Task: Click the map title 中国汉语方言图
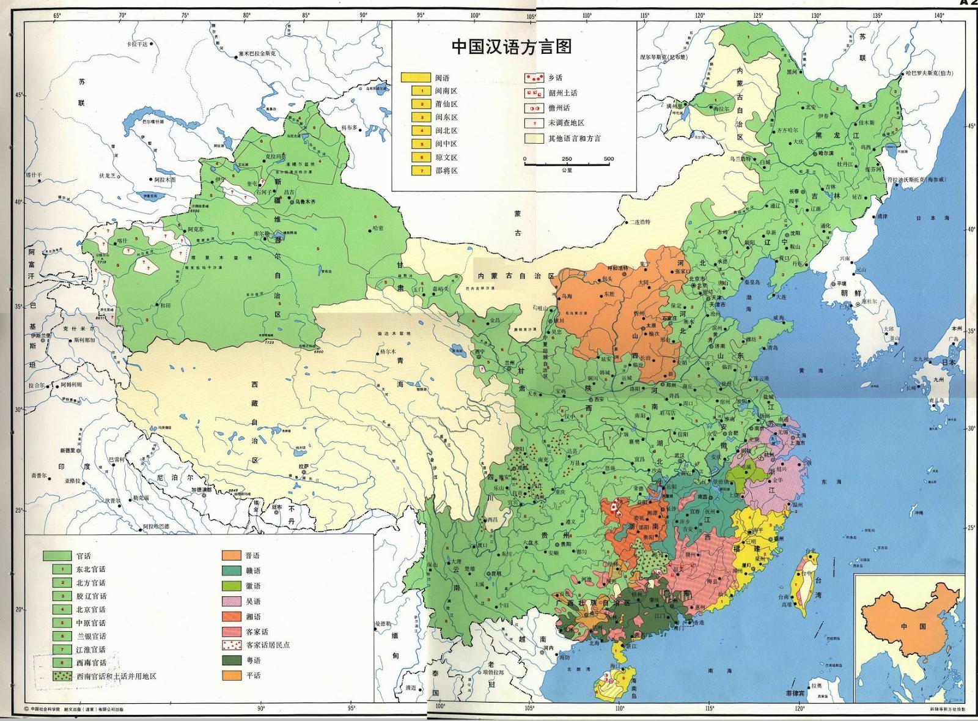(x=512, y=47)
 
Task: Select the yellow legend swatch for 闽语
(x=416, y=78)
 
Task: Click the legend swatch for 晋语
(x=231, y=555)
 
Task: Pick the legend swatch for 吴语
(x=231, y=601)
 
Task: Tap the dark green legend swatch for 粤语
(x=231, y=660)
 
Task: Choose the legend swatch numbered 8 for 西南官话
(x=62, y=662)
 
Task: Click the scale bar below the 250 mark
(x=567, y=165)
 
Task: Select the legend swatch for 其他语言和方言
(x=534, y=138)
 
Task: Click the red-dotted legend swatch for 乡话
(x=534, y=78)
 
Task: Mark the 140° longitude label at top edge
(x=939, y=16)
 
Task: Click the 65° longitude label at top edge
(x=57, y=16)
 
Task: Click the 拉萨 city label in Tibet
(x=304, y=467)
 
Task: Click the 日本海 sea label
(x=932, y=218)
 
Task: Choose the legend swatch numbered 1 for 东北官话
(x=62, y=569)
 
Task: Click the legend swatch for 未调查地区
(x=534, y=123)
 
